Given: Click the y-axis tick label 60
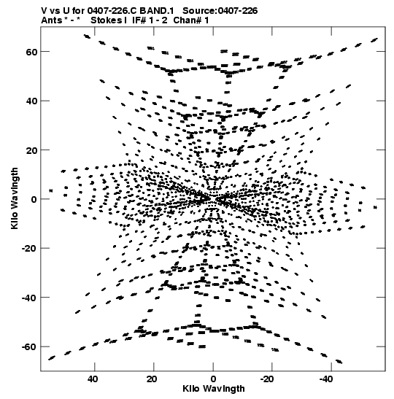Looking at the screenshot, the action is point(31,53).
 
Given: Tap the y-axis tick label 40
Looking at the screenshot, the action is point(31,101).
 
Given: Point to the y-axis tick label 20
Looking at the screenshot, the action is point(31,150).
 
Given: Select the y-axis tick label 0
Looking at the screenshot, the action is point(34,200).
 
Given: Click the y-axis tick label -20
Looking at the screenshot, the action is point(29,249).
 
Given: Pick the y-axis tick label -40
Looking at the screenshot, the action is point(29,298).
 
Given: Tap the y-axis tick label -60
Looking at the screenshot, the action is point(29,347).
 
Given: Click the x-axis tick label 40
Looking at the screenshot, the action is point(93,379).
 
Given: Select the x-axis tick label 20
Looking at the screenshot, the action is point(152,379).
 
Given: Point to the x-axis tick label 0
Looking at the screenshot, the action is point(213,379).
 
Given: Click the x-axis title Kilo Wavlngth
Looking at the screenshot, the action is point(214,389).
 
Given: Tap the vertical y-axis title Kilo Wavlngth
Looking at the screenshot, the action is point(15,198).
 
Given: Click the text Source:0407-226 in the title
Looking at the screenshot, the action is point(220,11).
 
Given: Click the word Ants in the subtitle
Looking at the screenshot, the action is point(52,20).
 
